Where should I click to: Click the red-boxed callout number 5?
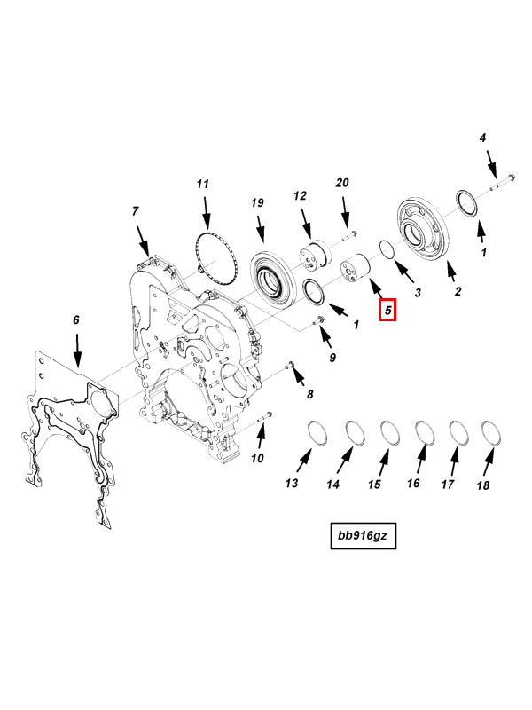387,310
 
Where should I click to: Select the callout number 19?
257,203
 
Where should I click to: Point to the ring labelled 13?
317,432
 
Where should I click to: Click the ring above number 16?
423,431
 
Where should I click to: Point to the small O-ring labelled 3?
387,251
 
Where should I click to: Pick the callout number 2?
458,291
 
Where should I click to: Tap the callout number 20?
343,183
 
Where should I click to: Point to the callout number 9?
332,358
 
